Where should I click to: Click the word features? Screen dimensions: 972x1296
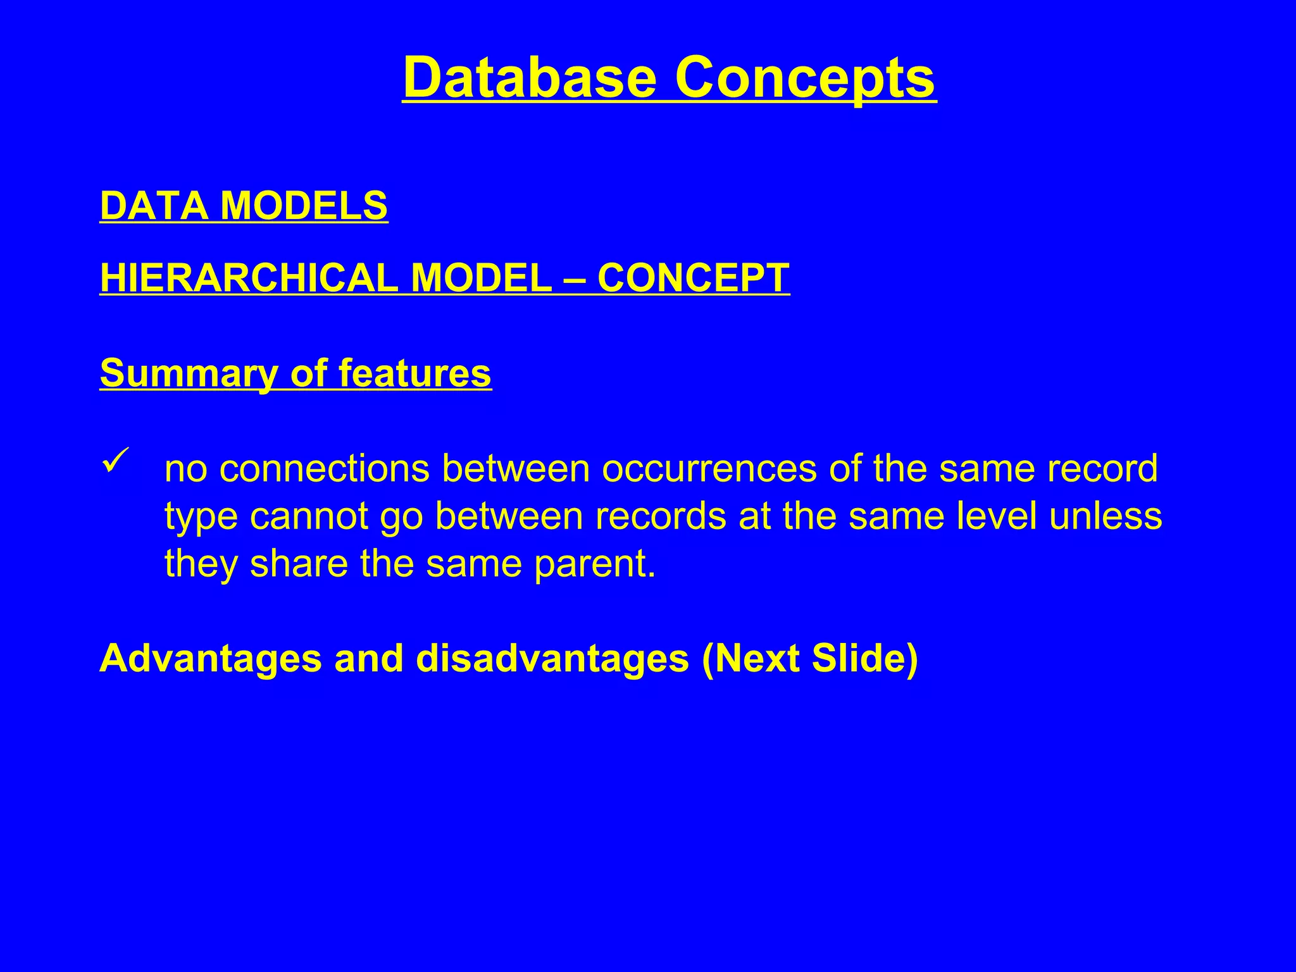[414, 373]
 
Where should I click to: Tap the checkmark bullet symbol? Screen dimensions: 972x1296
[115, 459]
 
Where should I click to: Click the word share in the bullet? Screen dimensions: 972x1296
[299, 563]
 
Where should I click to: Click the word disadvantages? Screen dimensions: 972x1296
[552, 659]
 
